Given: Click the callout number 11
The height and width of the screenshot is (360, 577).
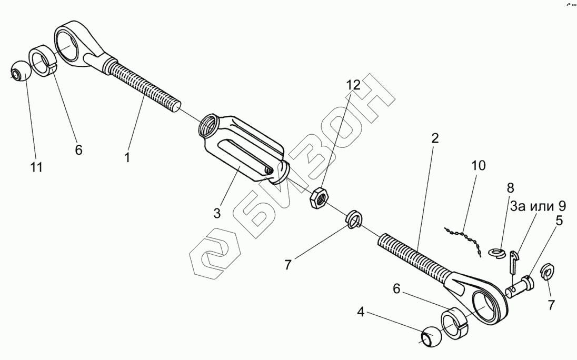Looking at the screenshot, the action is (x=36, y=167).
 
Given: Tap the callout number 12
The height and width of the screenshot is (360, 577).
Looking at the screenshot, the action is (x=353, y=85).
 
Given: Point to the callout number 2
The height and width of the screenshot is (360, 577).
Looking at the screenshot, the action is (x=434, y=139).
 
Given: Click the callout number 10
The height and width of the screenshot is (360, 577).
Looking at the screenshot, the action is (x=479, y=166).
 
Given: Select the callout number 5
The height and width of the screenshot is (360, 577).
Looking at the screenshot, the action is (x=559, y=220).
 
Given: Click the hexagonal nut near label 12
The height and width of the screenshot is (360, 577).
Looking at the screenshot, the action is (x=320, y=198).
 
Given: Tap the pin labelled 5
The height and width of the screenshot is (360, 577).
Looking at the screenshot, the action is (x=520, y=286).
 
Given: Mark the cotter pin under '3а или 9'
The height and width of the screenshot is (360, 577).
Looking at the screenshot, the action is (x=514, y=262).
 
